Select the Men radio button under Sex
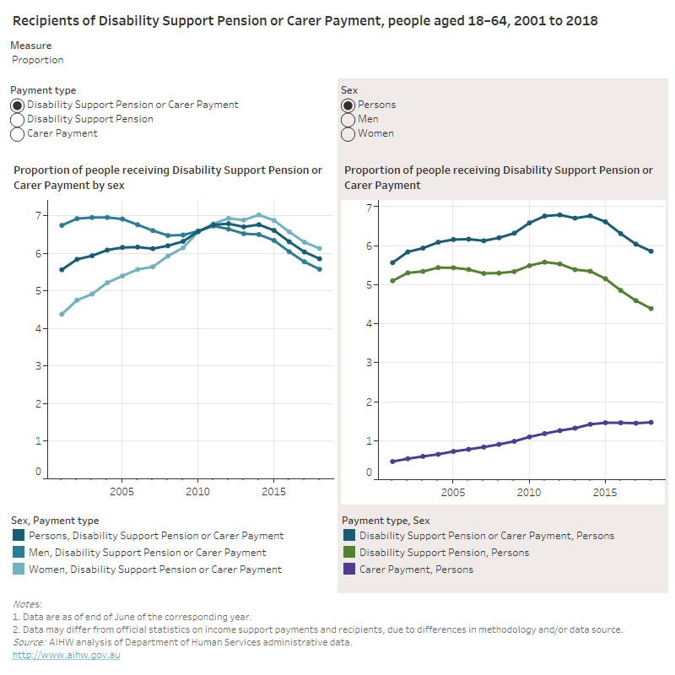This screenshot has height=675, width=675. click(x=348, y=120)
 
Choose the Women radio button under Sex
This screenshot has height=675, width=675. click(x=348, y=134)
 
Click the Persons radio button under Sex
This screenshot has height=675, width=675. click(x=348, y=105)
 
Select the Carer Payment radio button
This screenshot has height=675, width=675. click(x=18, y=134)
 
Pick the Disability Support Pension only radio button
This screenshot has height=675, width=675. click(x=18, y=120)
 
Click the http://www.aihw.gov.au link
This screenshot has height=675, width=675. click(x=67, y=656)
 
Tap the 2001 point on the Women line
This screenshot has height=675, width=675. click(x=62, y=314)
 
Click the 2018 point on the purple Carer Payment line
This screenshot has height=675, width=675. click(x=651, y=423)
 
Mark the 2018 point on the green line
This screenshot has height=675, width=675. click(x=651, y=309)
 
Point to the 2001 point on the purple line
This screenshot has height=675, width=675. click(x=392, y=462)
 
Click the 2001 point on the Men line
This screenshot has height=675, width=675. click(x=62, y=225)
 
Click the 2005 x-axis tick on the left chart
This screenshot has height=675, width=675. click(x=122, y=491)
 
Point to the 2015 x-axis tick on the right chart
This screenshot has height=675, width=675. click(x=604, y=491)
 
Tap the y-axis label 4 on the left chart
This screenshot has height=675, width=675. click(x=38, y=329)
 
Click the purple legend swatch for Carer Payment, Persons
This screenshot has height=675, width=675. click(x=348, y=570)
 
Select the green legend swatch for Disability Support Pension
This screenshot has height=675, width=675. click(x=348, y=553)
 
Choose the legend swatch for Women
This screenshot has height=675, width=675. click(x=19, y=570)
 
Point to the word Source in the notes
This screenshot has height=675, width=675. click(x=30, y=643)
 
